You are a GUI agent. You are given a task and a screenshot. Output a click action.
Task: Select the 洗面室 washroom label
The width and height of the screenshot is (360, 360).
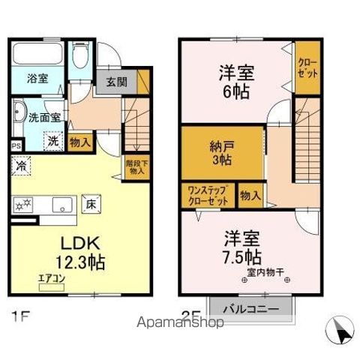coord(31,118)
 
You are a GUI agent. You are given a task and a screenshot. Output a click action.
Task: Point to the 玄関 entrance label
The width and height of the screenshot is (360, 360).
coord(116,82)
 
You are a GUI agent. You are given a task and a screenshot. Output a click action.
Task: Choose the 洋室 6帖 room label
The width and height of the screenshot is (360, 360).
coord(235,82)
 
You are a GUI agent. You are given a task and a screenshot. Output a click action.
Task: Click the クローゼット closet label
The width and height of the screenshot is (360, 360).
coord(306,67)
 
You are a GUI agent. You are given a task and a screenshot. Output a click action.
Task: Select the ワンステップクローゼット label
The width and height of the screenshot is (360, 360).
coord(208,196)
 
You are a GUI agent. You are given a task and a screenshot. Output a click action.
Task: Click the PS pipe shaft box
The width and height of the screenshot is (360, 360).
coord(16,145)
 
